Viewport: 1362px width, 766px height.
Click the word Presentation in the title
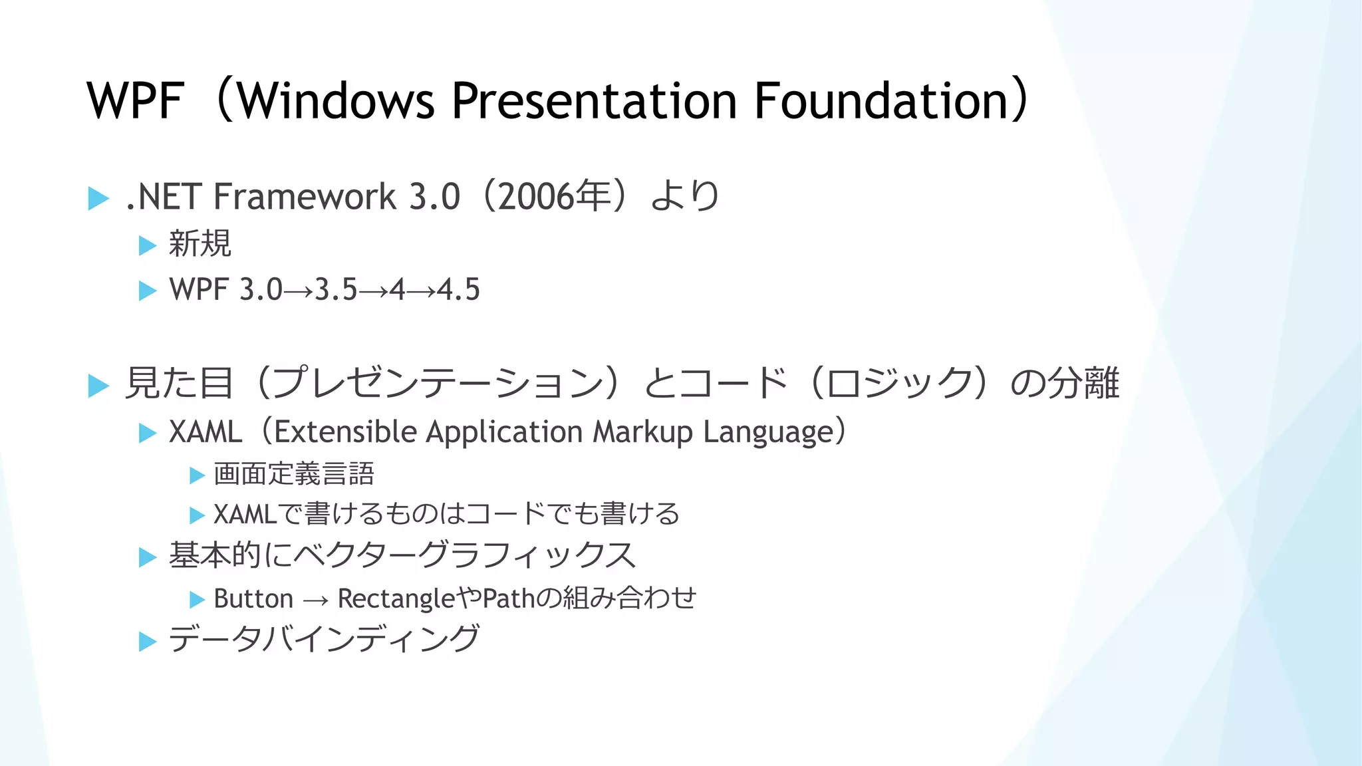click(x=594, y=101)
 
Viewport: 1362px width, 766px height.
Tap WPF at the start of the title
click(x=135, y=101)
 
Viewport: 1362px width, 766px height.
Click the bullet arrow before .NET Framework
click(x=98, y=198)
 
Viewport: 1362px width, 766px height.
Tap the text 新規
click(x=200, y=243)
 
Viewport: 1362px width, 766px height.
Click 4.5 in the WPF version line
click(x=458, y=290)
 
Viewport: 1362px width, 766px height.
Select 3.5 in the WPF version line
click(x=336, y=290)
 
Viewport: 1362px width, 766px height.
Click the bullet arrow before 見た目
click(x=98, y=386)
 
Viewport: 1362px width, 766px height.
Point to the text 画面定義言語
click(x=294, y=474)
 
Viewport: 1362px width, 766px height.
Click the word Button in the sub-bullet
click(x=253, y=599)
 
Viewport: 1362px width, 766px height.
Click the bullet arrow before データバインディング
click(x=147, y=642)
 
